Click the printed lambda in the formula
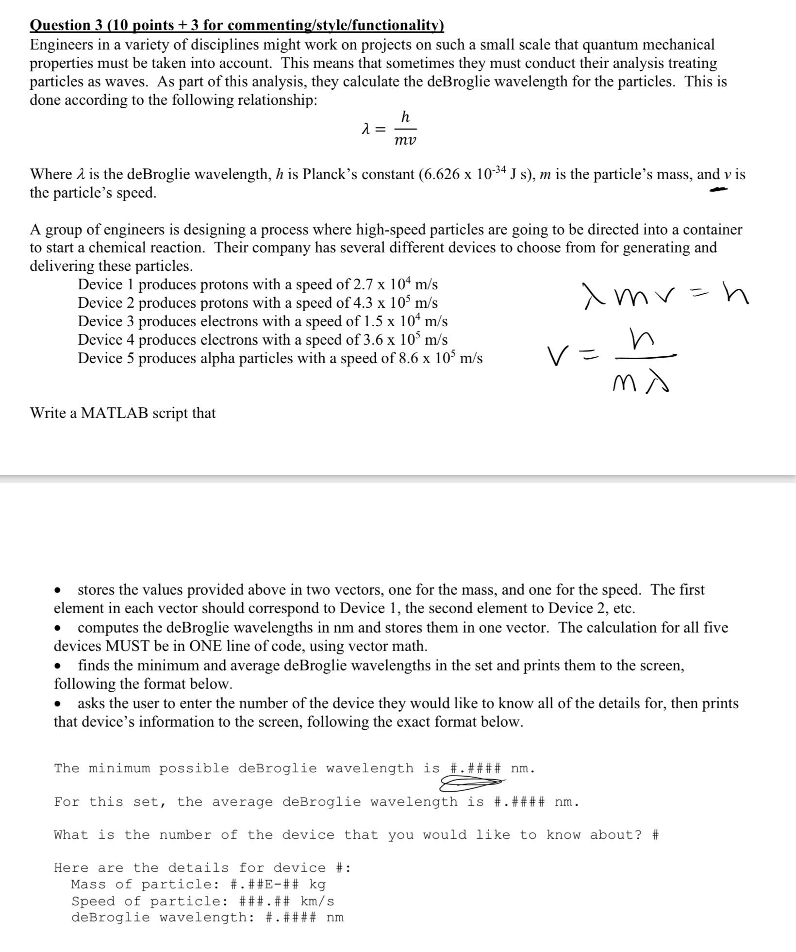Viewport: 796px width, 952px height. pyautogui.click(x=366, y=129)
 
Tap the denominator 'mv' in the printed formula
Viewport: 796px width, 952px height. pyautogui.click(x=405, y=141)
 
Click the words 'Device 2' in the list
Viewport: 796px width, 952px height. pyautogui.click(x=106, y=303)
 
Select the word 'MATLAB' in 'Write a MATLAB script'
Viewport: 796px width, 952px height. pyautogui.click(x=114, y=413)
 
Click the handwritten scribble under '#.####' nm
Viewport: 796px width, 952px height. pyautogui.click(x=471, y=782)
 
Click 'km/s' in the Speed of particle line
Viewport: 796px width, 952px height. pyautogui.click(x=317, y=901)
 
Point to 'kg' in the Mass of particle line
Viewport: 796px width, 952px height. pyautogui.click(x=317, y=884)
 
